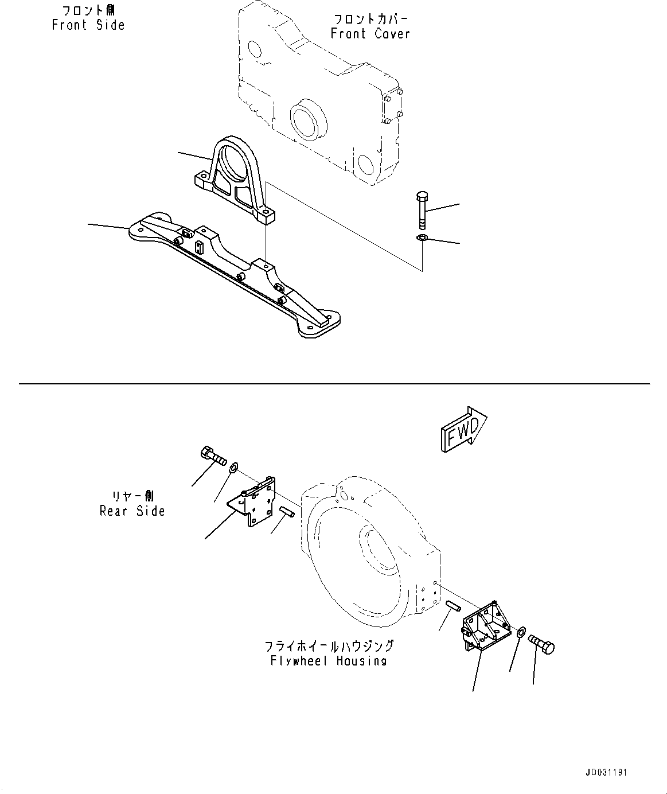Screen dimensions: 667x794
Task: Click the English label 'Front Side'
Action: (x=88, y=25)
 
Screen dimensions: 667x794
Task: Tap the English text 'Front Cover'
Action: (x=370, y=34)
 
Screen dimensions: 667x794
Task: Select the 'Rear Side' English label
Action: (x=132, y=511)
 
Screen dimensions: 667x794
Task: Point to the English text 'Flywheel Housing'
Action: (x=329, y=661)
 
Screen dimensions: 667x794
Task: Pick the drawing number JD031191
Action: (x=607, y=772)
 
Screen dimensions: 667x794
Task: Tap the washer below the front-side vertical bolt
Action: (x=422, y=238)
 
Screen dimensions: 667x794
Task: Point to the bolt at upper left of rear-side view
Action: (x=213, y=457)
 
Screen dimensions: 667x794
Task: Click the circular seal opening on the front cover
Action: (x=308, y=122)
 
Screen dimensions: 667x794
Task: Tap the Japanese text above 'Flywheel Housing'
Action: (x=329, y=647)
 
